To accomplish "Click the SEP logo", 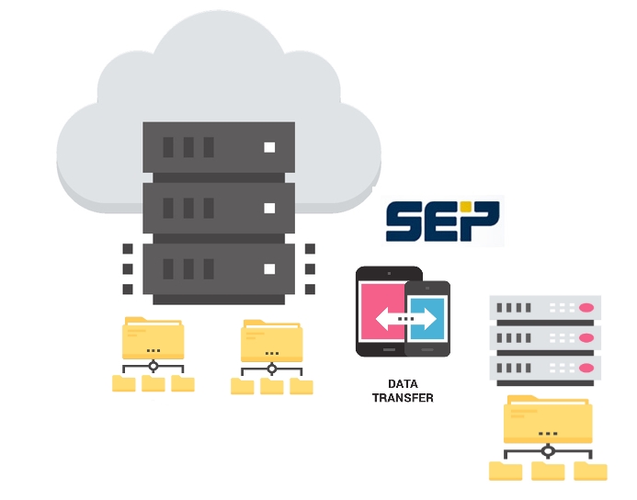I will tap(442, 221).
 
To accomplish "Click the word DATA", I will tap(402, 384).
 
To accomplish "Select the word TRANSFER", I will tap(402, 398).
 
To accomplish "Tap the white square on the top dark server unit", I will tap(269, 147).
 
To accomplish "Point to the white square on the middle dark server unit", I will tap(269, 208).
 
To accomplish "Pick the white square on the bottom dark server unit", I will tap(269, 269).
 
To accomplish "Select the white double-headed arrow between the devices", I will tap(404, 319).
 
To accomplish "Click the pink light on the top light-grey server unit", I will tap(585, 307).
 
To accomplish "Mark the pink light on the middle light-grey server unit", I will tap(585, 337).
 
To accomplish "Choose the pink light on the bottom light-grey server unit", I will tap(585, 368).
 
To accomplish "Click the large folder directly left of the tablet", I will tap(271, 342).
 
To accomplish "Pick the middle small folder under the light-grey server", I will tap(548, 472).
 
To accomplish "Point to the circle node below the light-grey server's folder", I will tap(549, 451).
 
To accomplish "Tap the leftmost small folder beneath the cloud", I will tap(123, 383).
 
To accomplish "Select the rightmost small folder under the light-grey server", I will tap(590, 472).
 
